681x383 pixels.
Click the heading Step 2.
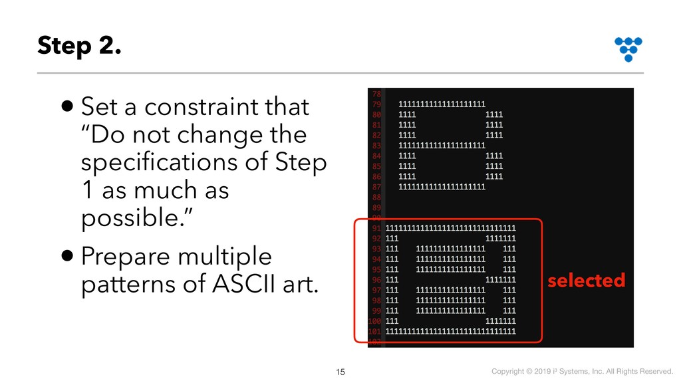coord(79,46)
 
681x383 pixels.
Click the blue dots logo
coord(628,49)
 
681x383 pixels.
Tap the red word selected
coord(587,280)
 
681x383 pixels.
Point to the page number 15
coord(340,372)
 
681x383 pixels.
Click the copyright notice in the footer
coord(582,371)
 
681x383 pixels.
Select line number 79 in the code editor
coord(376,104)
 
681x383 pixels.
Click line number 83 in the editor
coord(376,146)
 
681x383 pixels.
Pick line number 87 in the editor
coord(376,187)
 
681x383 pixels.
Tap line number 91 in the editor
coord(376,228)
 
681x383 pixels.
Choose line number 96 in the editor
coord(376,280)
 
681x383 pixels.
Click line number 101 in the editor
coord(375,331)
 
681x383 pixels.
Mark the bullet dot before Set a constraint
coord(67,106)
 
